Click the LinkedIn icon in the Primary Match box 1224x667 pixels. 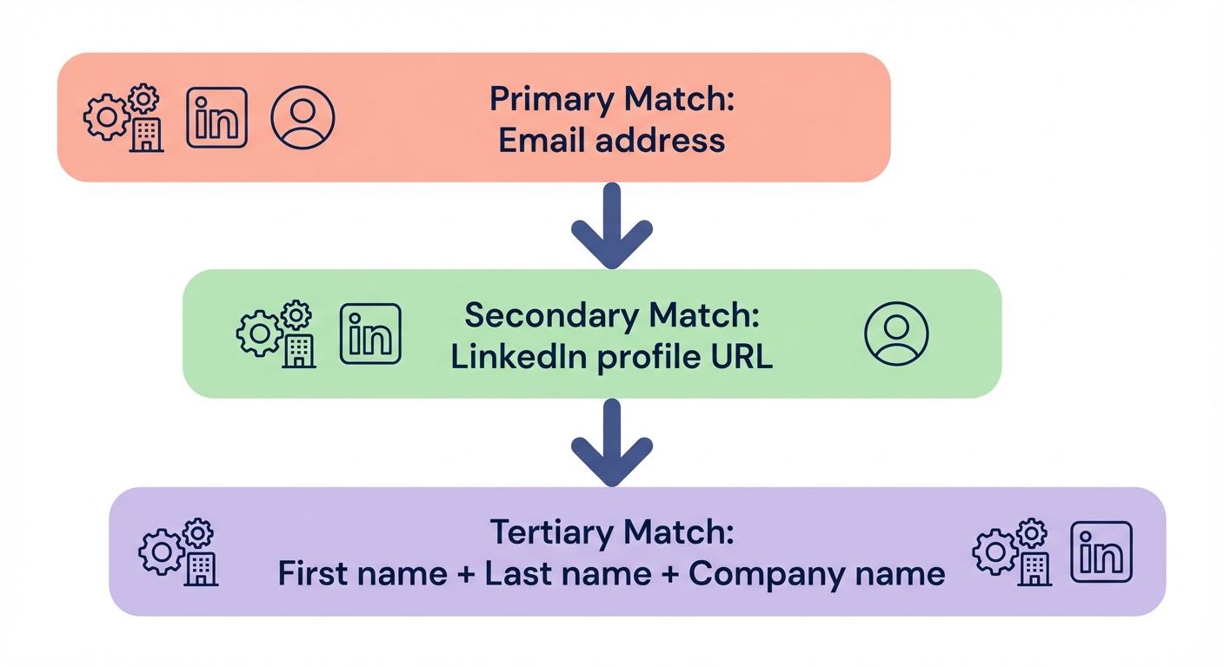tap(216, 117)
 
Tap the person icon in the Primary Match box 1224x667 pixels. tap(303, 117)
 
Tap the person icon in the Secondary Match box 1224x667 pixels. tap(896, 333)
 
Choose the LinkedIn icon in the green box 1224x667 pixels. tap(370, 333)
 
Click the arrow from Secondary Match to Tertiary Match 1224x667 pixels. tap(612, 443)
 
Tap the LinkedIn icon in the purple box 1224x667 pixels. tap(1101, 551)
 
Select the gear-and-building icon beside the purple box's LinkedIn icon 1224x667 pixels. tap(1012, 552)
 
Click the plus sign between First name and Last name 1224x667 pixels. tap(465, 574)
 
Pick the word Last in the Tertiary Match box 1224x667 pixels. tap(516, 574)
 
